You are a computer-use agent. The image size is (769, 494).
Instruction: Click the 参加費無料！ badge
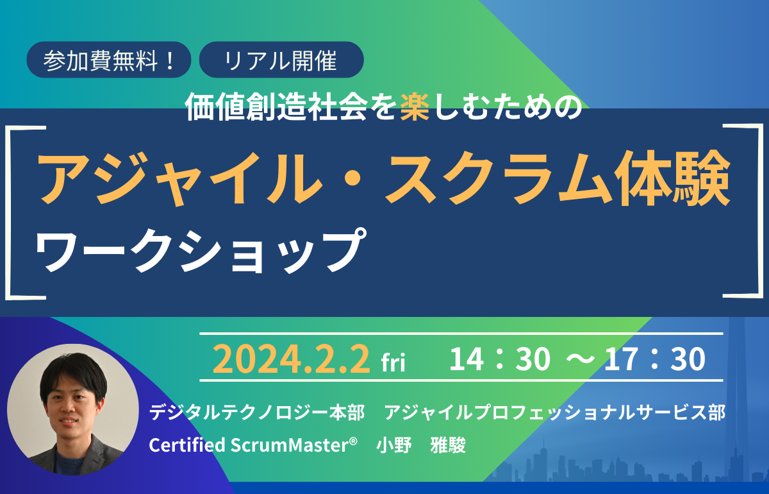(109, 61)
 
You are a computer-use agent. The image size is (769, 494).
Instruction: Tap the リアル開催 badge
(281, 61)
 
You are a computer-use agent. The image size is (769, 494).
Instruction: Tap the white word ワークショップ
(196, 248)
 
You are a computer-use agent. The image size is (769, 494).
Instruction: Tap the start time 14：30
(500, 360)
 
